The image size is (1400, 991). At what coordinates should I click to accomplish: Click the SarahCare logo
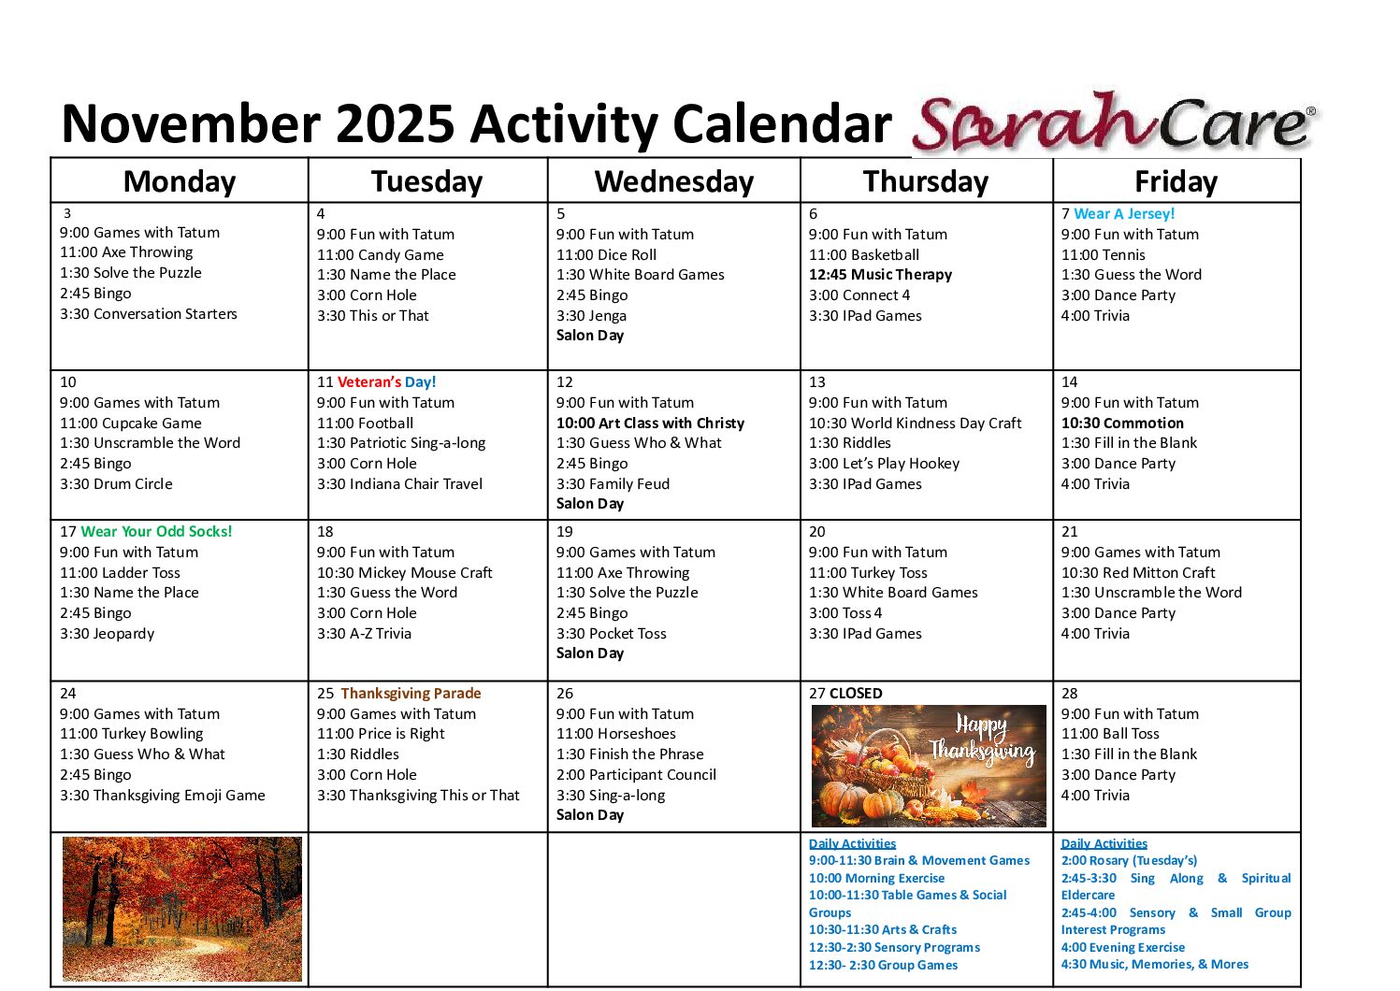1113,123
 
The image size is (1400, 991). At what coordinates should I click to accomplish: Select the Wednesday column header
673,181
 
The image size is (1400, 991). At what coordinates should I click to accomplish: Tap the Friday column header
1176,181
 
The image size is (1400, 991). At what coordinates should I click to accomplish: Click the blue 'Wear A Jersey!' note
1124,214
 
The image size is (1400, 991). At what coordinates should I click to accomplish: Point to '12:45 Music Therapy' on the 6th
880,275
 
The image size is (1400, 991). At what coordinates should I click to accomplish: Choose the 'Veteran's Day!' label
386,382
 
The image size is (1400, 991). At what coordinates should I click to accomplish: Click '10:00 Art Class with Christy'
650,424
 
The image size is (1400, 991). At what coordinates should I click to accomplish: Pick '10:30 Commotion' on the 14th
1122,424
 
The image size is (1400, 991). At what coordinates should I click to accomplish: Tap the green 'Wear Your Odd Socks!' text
156,532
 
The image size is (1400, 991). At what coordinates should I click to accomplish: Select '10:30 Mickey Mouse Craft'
404,573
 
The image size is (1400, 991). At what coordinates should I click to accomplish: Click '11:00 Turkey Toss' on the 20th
868,573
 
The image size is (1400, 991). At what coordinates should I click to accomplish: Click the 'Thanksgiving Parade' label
411,694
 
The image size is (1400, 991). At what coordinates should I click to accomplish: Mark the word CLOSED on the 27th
856,694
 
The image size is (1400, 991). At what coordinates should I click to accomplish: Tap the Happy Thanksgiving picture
928,766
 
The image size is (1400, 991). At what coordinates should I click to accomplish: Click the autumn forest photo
181,908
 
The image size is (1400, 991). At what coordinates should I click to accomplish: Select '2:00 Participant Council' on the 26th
636,775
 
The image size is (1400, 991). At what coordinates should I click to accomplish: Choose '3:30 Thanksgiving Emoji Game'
163,796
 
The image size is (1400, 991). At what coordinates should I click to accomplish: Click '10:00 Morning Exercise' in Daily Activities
876,879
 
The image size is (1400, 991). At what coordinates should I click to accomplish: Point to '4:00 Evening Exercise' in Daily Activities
1122,948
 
